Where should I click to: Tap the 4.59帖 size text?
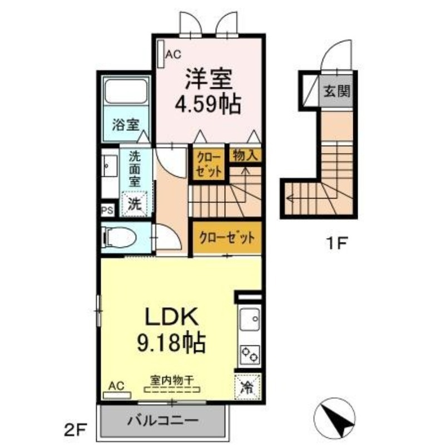point(209,104)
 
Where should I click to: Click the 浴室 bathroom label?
point(125,125)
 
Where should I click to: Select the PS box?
point(108,211)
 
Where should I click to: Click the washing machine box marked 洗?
point(135,202)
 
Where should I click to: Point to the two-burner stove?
point(249,354)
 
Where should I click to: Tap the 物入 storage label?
point(245,155)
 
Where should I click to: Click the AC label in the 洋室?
point(174,55)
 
